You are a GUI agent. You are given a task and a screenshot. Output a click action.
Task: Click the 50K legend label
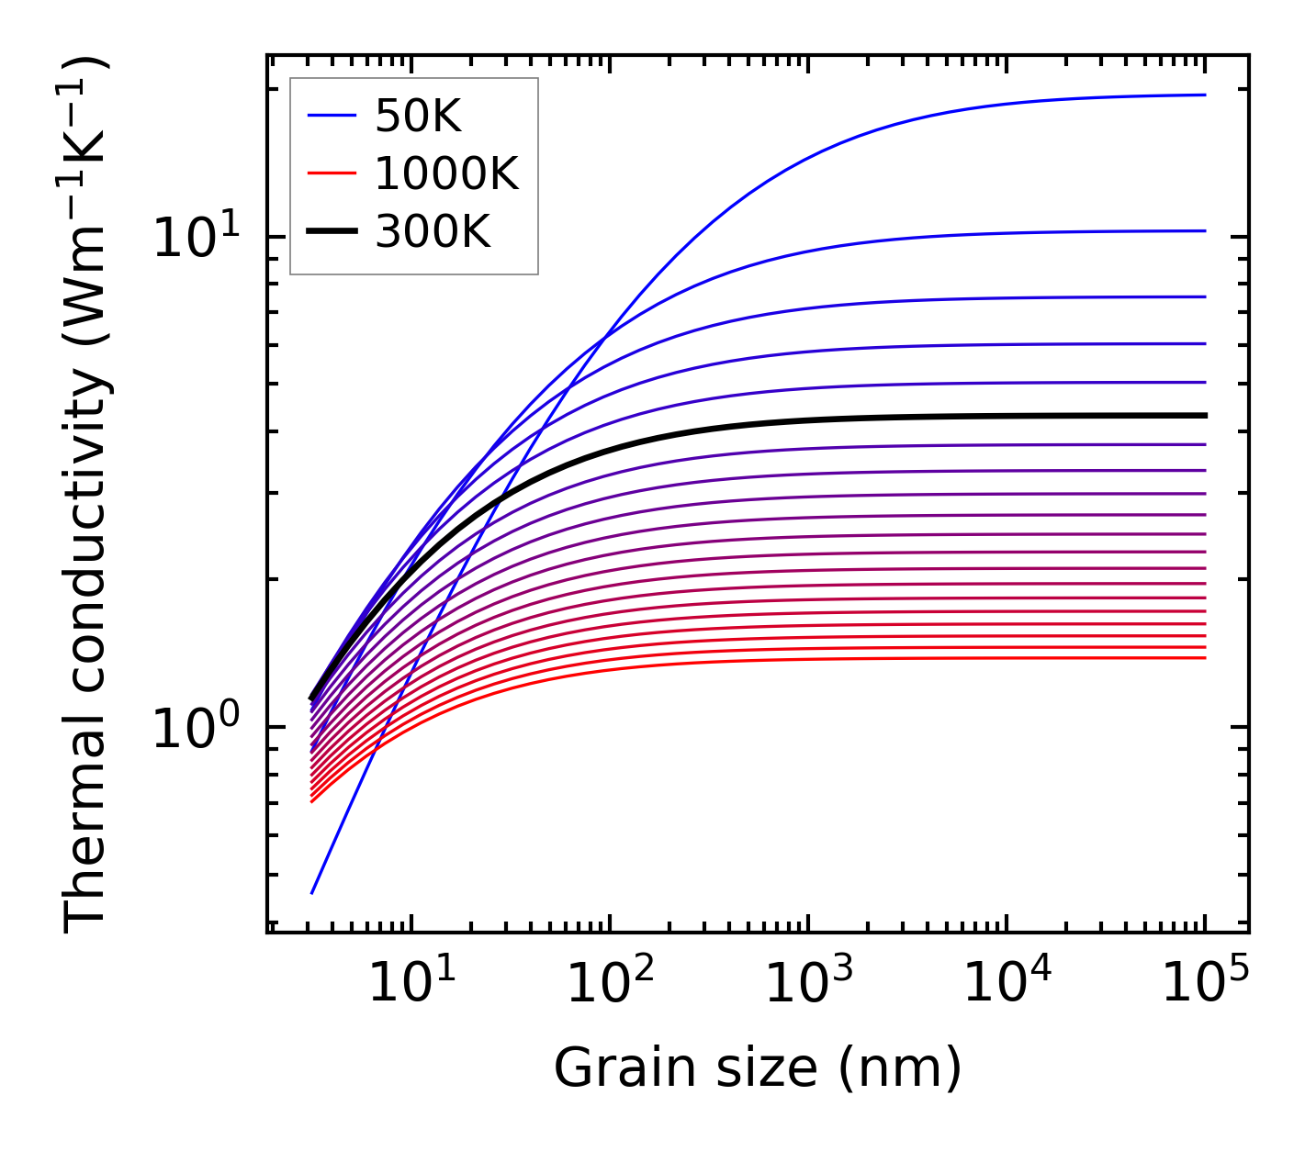[418, 116]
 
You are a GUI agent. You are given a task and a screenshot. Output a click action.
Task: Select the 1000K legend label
[446, 173]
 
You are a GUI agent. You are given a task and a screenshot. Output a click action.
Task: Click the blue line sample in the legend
[332, 116]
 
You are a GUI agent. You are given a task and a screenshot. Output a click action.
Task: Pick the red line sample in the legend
[332, 173]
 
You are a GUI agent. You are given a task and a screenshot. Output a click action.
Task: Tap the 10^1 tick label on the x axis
[411, 983]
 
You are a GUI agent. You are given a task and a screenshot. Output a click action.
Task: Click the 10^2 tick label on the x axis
[610, 983]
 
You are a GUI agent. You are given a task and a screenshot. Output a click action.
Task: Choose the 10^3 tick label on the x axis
[808, 983]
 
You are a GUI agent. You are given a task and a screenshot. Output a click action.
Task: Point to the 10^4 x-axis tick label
[1007, 983]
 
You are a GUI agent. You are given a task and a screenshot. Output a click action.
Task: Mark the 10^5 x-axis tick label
[1205, 983]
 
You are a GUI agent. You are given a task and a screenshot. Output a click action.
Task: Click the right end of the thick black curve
[1205, 416]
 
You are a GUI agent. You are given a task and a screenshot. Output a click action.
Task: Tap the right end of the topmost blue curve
[1205, 95]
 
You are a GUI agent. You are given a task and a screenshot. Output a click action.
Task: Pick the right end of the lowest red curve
[1205, 657]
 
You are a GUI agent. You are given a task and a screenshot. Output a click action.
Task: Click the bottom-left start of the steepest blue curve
[313, 892]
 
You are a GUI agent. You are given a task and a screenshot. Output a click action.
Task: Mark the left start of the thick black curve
[312, 699]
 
